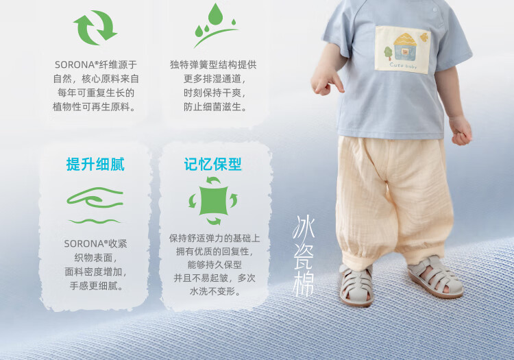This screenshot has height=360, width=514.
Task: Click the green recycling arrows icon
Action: pyautogui.click(x=95, y=27)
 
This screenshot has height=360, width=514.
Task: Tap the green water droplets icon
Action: pyautogui.click(x=215, y=25)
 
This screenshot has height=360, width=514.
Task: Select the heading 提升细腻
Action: pyautogui.click(x=95, y=165)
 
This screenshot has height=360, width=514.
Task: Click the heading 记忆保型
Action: pyautogui.click(x=212, y=165)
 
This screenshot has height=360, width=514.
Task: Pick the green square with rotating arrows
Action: pyautogui.click(x=213, y=201)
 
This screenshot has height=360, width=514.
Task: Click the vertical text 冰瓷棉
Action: pyautogui.click(x=303, y=256)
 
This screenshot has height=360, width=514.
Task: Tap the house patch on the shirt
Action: pyautogui.click(x=402, y=50)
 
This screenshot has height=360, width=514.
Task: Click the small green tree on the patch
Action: pyautogui.click(x=388, y=53)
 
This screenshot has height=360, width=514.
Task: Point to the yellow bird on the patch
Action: pyautogui.click(x=424, y=38)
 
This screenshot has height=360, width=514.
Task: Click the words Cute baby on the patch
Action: pyautogui.click(x=403, y=65)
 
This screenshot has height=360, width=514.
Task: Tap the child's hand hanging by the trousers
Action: pyautogui.click(x=461, y=130)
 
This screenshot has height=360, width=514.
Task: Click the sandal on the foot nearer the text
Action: pyautogui.click(x=356, y=285)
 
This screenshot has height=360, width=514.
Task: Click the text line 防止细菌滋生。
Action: pyautogui.click(x=215, y=107)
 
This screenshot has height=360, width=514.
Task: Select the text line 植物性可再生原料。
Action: pyautogui.click(x=94, y=107)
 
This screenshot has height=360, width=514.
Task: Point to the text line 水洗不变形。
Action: pyautogui.click(x=215, y=291)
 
